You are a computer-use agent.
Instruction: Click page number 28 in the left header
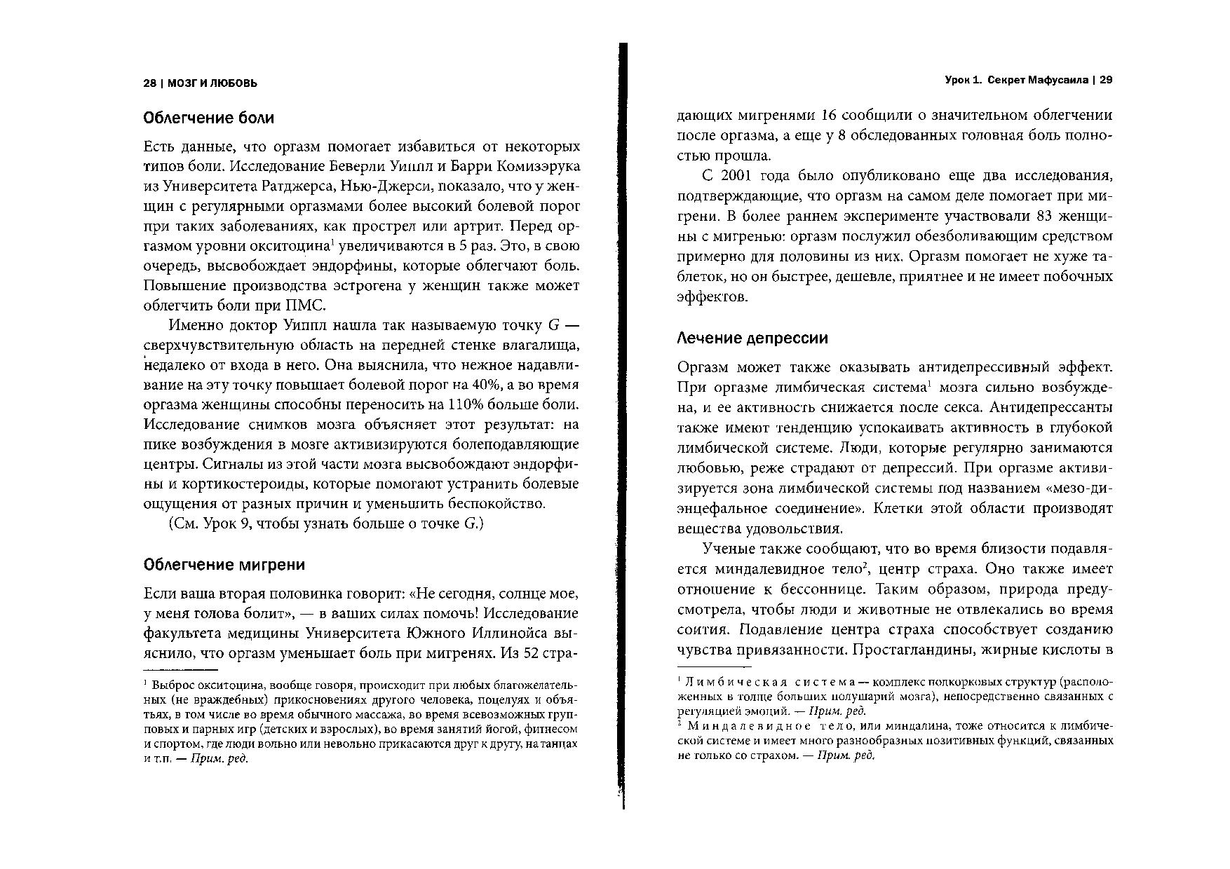click(x=149, y=83)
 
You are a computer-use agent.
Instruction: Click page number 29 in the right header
click(x=1106, y=81)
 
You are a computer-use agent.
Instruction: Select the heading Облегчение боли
click(x=208, y=118)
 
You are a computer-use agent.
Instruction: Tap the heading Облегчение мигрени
click(x=224, y=565)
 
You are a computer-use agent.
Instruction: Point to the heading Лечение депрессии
click(x=752, y=338)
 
